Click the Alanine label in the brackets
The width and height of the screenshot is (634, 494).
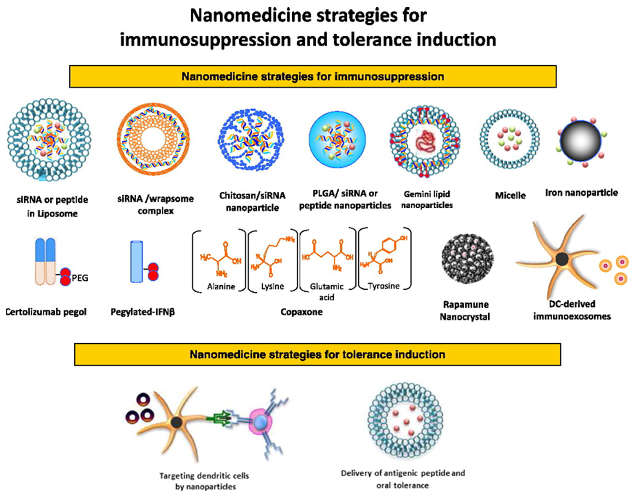pyautogui.click(x=221, y=287)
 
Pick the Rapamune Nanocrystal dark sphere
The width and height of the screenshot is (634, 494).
pyautogui.click(x=467, y=258)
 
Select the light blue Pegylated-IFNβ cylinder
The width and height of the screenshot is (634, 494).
pyautogui.click(x=136, y=261)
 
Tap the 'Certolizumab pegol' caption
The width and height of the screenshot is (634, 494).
pyautogui.click(x=46, y=312)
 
